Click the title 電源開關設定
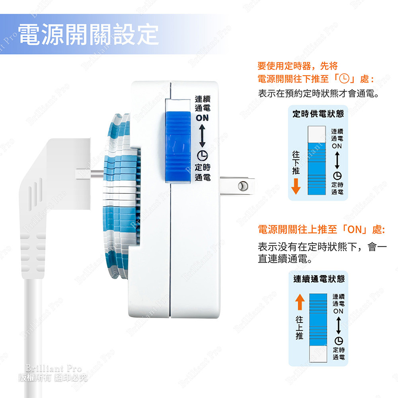coord(88,34)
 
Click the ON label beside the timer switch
coord(202,118)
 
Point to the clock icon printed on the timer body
coord(202,156)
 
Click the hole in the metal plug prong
coord(241,186)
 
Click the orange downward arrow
coord(296,186)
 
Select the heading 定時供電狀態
coord(318,114)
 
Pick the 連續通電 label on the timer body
coord(202,103)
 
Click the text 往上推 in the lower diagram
coord(299,328)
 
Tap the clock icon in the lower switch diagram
coord(338,341)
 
